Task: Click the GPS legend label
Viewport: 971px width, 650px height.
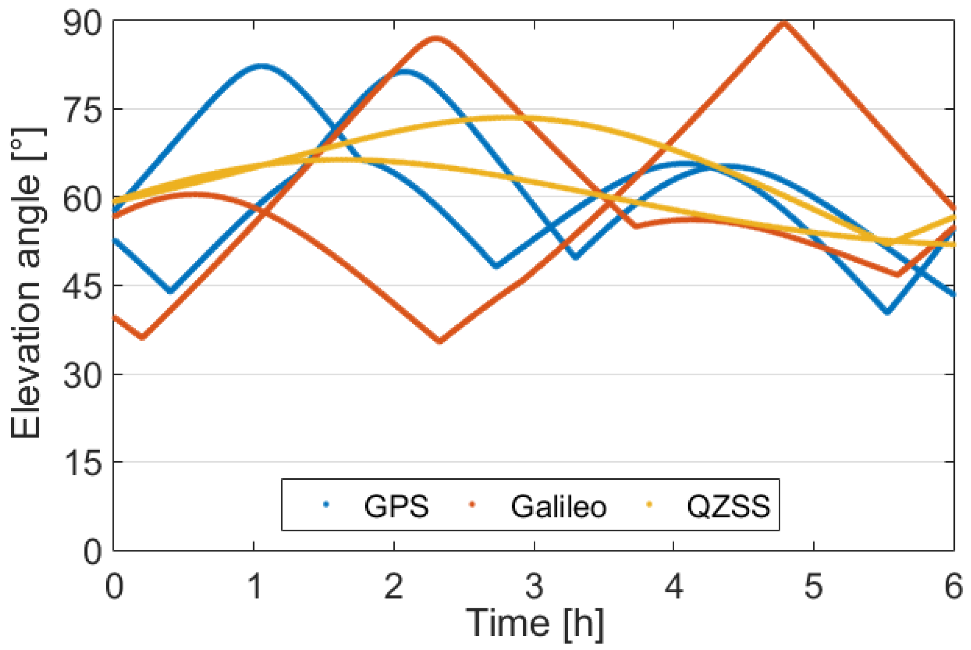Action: pos(396,506)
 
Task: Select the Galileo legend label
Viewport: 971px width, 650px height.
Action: pos(558,506)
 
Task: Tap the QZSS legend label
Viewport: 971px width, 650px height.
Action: pos(728,506)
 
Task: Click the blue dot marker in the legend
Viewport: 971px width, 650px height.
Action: pos(326,504)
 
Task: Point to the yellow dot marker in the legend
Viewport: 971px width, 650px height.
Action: pos(649,504)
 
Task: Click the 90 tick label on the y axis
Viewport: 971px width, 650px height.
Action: pos(82,23)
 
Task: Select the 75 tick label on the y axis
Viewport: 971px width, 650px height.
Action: pos(82,110)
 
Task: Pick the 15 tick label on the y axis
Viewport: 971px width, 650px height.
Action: pos(82,463)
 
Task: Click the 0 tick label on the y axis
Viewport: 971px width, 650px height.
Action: pos(93,552)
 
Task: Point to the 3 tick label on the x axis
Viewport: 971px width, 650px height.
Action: pos(534,587)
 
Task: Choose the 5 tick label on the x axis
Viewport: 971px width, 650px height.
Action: pos(814,587)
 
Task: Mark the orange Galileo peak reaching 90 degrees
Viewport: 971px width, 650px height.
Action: pos(784,23)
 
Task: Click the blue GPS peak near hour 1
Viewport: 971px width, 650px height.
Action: pos(260,66)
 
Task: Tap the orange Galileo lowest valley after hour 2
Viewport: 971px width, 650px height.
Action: pos(440,341)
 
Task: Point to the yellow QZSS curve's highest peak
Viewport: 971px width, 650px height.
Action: pos(503,118)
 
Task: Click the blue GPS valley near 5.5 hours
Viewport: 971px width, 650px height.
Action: pos(887,312)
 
